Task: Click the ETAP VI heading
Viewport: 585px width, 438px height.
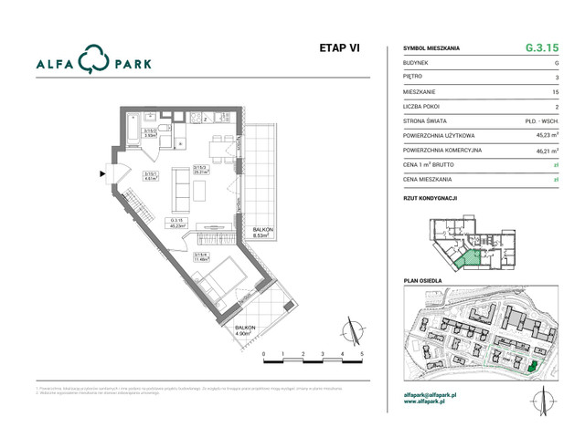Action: tap(338, 49)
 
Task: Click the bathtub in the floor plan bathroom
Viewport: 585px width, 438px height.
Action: tap(136, 124)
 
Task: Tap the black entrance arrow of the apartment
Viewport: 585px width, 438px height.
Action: tap(103, 171)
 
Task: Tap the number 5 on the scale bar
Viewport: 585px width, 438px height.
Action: tap(362, 353)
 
